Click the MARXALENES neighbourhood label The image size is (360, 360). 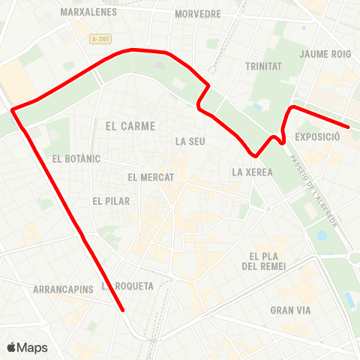tap(88, 13)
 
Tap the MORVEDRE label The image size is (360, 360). tap(197, 14)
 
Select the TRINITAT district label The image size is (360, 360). tap(263, 66)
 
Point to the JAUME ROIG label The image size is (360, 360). tap(325, 54)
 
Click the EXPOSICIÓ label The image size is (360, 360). tap(319, 137)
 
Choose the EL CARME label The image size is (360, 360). tap(130, 127)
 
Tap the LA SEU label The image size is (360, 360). tap(190, 140)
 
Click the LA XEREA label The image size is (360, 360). tap(252, 172)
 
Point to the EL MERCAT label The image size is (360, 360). tap(151, 178)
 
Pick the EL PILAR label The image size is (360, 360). tap(111, 201)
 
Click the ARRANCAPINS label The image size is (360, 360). tap(63, 289)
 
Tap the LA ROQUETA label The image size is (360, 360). tap(129, 286)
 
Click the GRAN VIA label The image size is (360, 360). tap(291, 310)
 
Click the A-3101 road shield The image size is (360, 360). tap(97, 38)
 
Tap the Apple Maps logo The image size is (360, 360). tap(27, 347)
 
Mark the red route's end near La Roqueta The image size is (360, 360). tap(122, 308)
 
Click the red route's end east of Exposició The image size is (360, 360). tap(347, 127)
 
